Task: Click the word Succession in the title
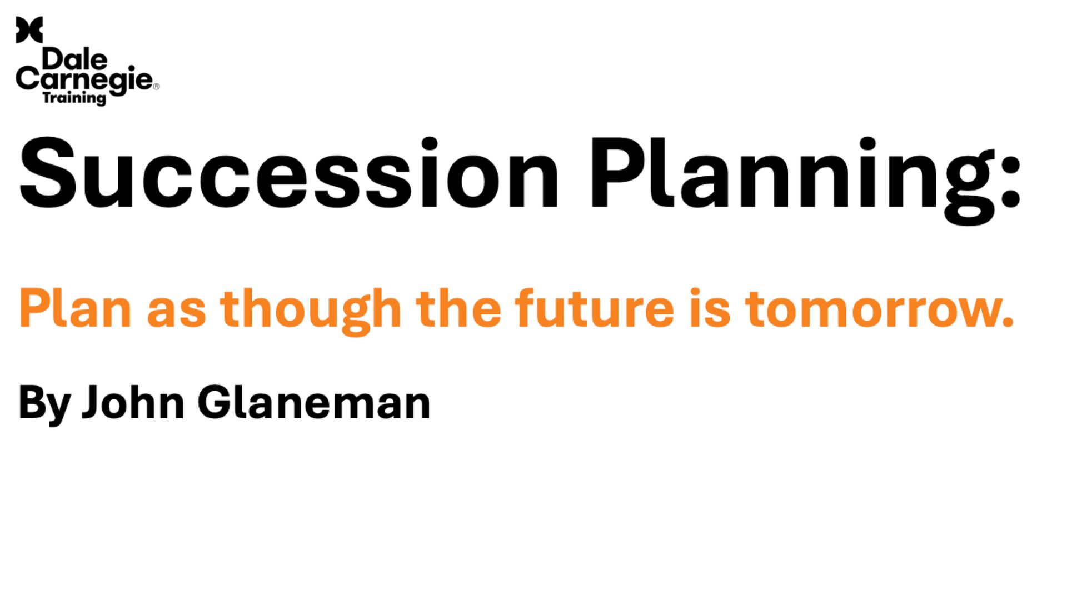point(288,173)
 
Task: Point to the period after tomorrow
point(1008,322)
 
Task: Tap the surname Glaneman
point(314,402)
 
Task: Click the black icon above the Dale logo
point(29,29)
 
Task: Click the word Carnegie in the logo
point(84,81)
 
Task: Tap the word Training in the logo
point(74,98)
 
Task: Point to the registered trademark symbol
point(156,86)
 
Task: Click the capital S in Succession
point(47,173)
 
